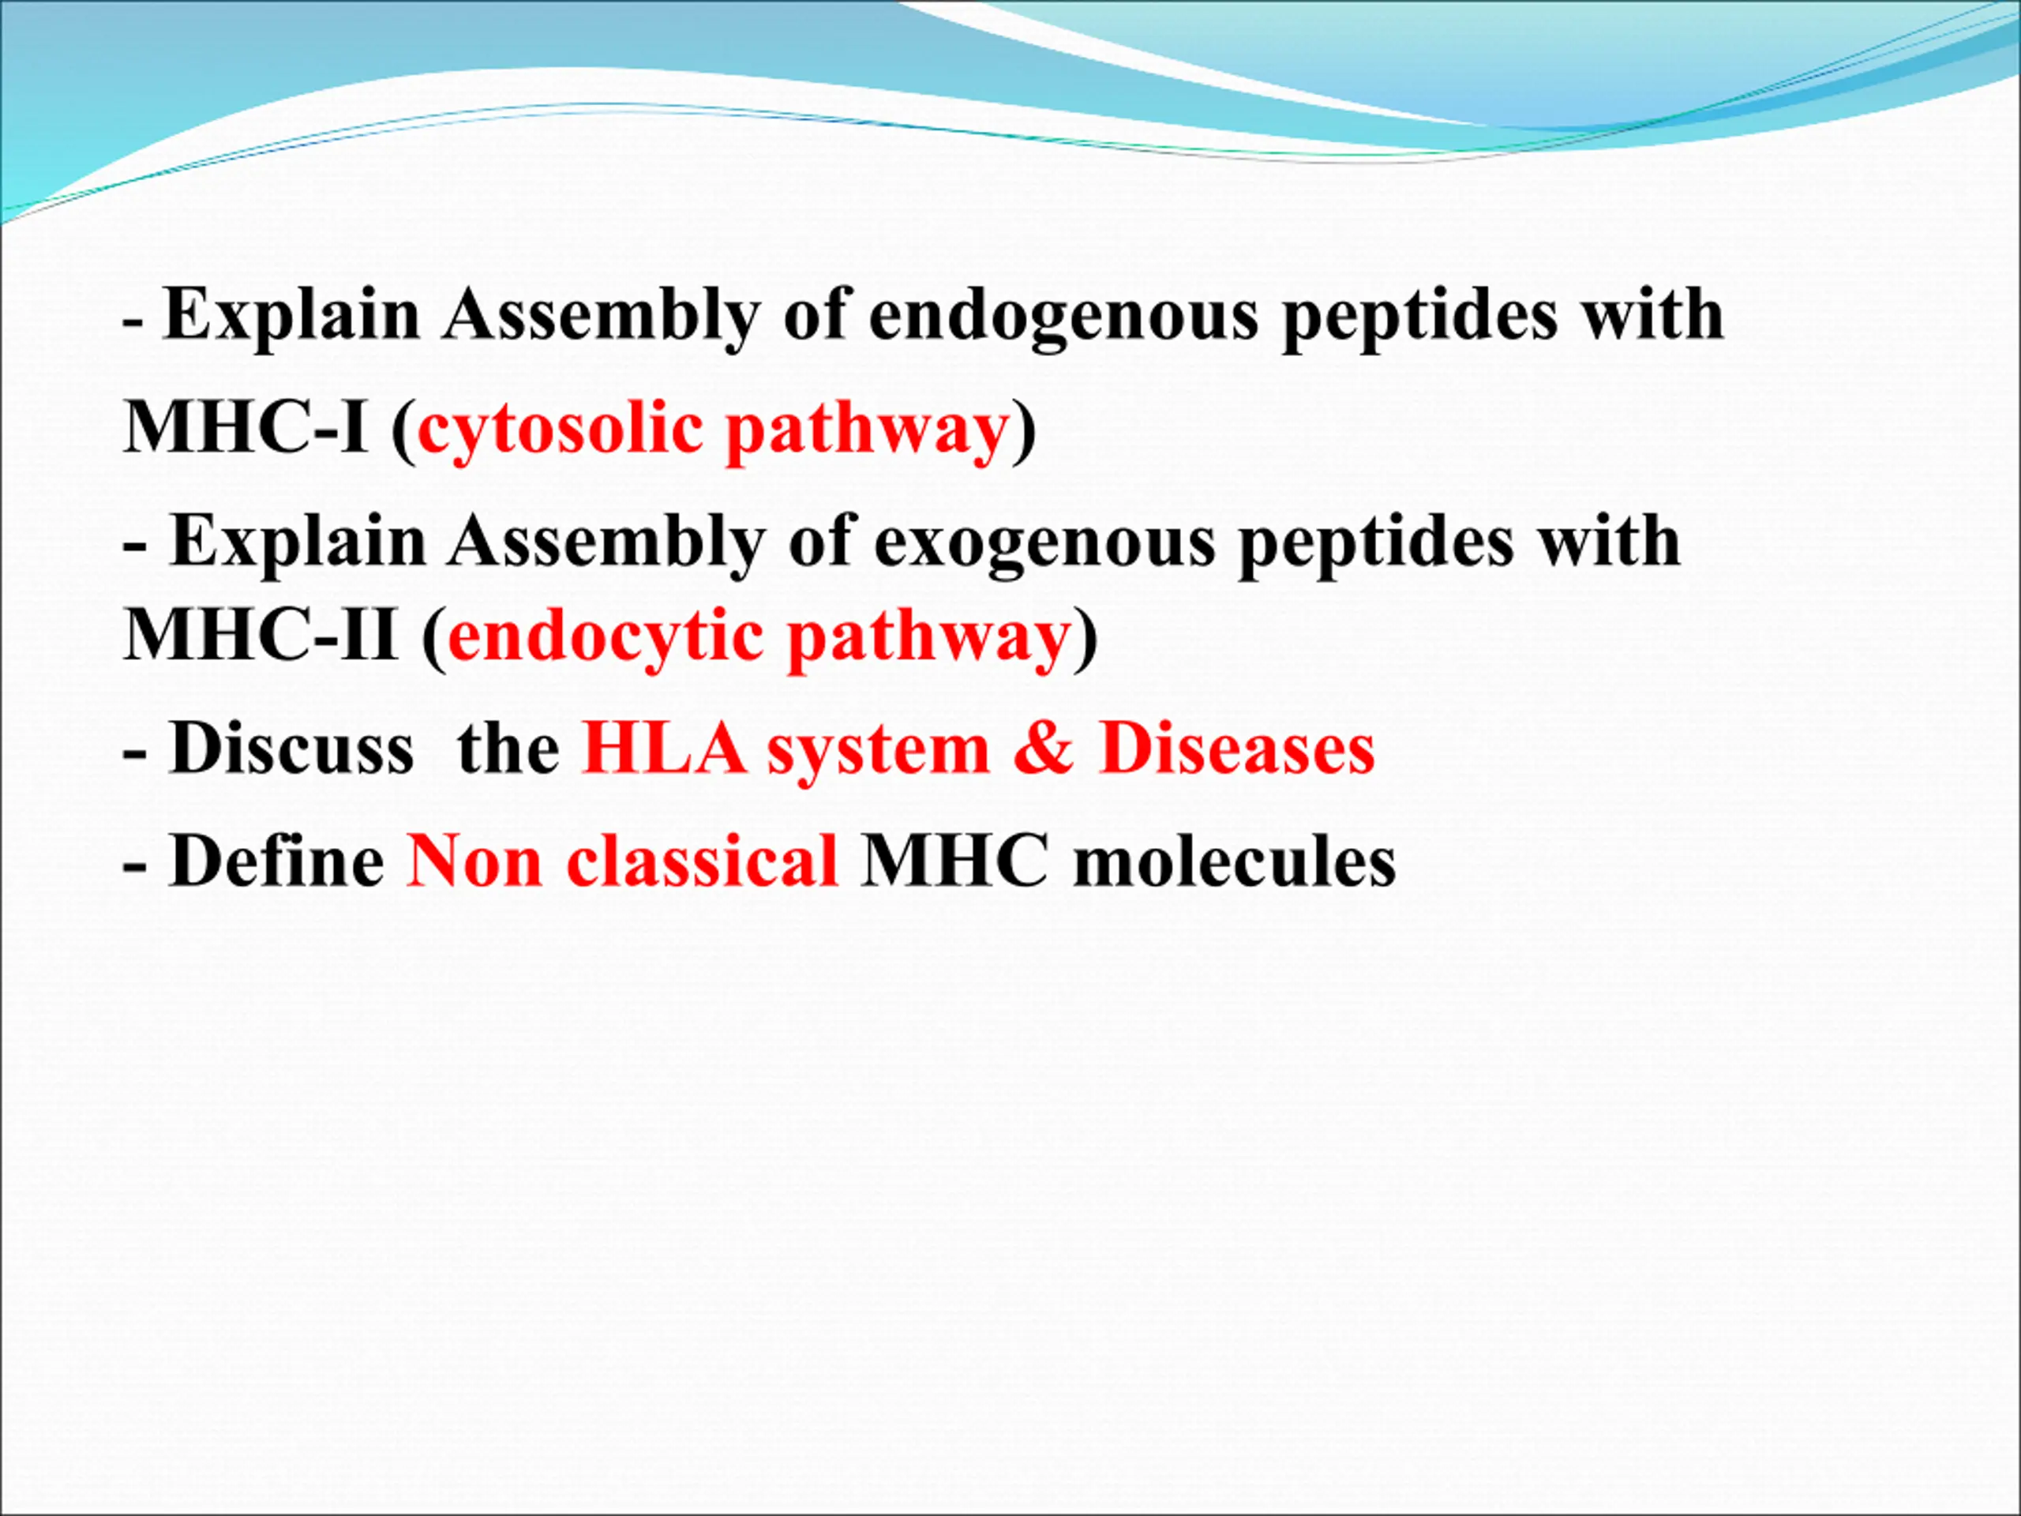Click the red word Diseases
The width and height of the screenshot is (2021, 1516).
[1237, 749]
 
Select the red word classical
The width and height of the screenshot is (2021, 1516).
[702, 861]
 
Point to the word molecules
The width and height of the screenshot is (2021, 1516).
[1235, 861]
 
